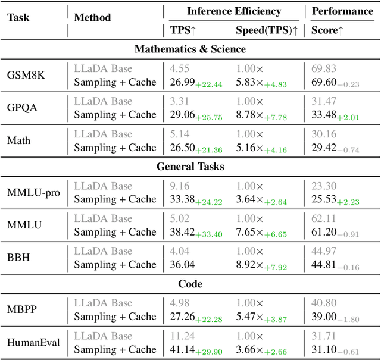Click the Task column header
point(18,17)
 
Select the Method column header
point(92,17)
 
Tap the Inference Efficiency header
point(233,11)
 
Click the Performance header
point(342,11)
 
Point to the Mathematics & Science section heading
point(190,49)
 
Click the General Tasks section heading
point(190,167)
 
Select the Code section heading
point(190,284)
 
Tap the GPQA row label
point(22,108)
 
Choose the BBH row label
point(19,258)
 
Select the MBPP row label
point(22,309)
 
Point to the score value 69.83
point(323,70)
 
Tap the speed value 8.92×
point(250,264)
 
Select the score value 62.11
point(323,219)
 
